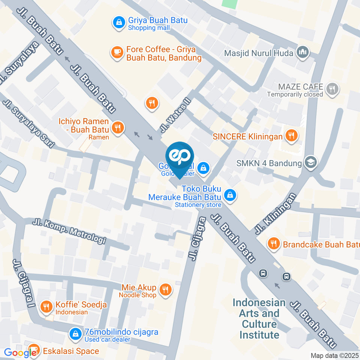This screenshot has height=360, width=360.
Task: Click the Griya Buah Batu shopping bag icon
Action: (x=119, y=23)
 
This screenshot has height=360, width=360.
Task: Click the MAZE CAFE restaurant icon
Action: (x=332, y=89)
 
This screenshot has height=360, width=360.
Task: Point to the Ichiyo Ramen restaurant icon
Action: (x=118, y=128)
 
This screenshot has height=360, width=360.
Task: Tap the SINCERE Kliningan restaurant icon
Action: (x=291, y=136)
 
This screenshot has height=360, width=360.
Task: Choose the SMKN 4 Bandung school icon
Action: (x=311, y=163)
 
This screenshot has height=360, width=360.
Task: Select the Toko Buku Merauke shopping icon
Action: (x=229, y=195)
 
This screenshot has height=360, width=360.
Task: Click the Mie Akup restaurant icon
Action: (x=165, y=289)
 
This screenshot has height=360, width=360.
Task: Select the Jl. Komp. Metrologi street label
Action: (x=69, y=231)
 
